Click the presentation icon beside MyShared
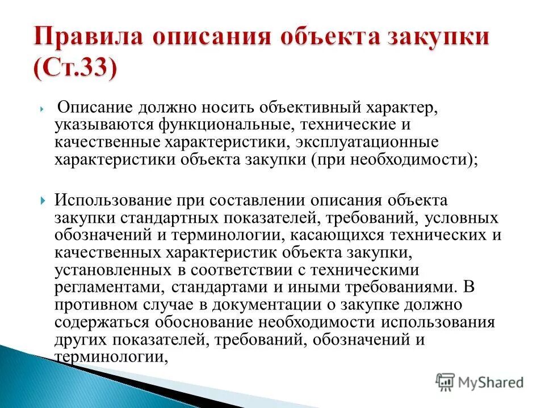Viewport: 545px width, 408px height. [446, 382]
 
